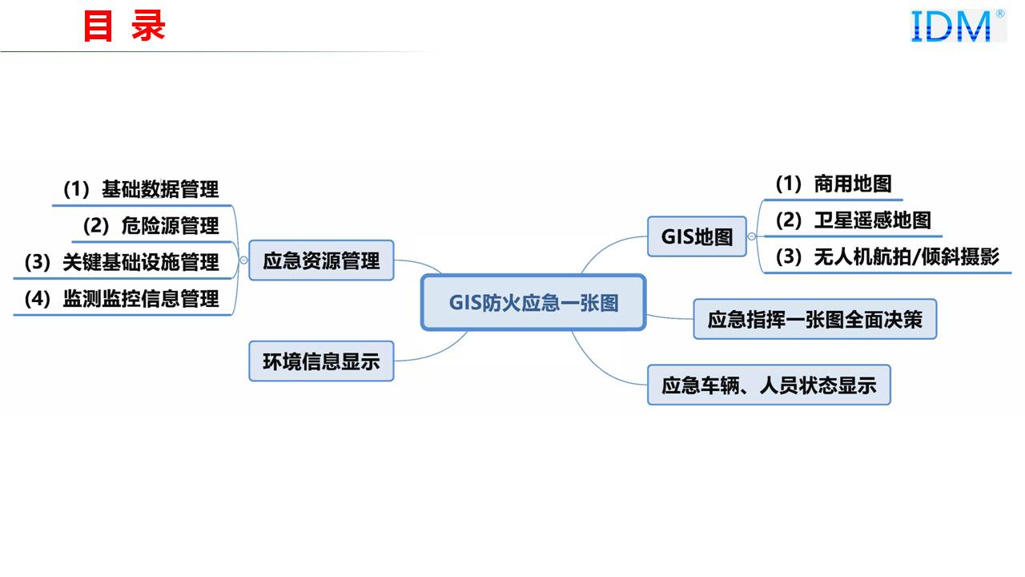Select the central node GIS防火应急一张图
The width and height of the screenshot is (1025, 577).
[533, 302]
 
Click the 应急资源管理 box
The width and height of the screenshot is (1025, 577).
[321, 260]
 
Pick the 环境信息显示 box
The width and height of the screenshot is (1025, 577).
[321, 361]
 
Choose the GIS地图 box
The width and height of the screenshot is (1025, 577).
[697, 236]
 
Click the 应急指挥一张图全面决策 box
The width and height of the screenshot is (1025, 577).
[814, 319]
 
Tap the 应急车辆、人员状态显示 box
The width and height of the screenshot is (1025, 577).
[769, 385]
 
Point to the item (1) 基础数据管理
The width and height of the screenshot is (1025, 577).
[141, 190]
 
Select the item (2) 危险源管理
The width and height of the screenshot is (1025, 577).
[151, 226]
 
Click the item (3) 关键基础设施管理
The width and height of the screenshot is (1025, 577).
[122, 262]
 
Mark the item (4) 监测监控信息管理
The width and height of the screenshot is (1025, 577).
[122, 299]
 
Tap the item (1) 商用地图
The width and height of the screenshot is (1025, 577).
[833, 184]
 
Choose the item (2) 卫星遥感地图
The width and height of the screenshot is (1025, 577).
[853, 220]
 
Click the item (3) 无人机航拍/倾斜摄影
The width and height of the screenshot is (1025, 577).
[887, 256]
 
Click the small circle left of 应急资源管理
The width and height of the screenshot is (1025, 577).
[243, 260]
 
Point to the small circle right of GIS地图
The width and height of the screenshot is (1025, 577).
[751, 236]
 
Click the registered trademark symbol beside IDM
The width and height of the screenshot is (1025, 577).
[1000, 14]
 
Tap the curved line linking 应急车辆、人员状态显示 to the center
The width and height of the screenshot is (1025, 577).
[601, 369]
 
